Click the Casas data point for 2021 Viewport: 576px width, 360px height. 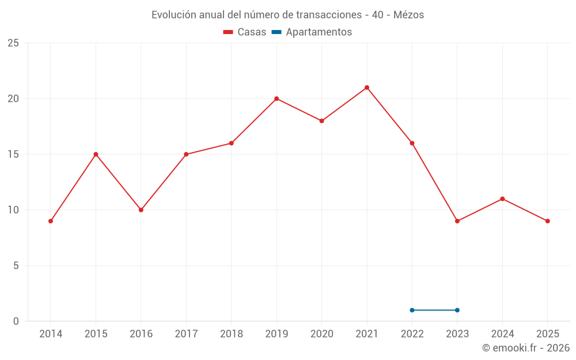point(367,88)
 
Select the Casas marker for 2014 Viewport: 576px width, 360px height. point(51,221)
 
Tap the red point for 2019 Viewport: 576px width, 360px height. point(276,98)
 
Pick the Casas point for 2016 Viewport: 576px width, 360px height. point(141,210)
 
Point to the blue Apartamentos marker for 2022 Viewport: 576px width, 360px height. point(412,310)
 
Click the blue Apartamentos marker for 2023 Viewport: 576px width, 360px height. point(457,310)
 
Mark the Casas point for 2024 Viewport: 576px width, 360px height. point(502,199)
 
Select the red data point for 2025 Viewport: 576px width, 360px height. point(548,221)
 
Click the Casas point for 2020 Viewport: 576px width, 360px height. point(321,121)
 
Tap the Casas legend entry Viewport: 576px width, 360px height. point(245,32)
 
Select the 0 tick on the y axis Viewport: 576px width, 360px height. point(16,321)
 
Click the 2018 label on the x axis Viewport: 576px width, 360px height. point(231,334)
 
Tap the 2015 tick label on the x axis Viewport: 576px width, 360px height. point(96,334)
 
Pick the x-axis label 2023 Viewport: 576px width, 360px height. point(457,334)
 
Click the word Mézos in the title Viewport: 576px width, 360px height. point(408,15)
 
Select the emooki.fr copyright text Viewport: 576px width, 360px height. point(526,348)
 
